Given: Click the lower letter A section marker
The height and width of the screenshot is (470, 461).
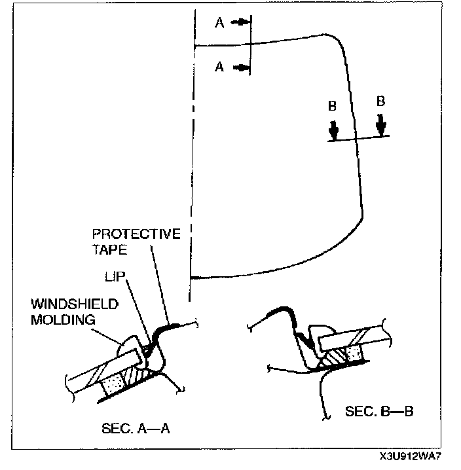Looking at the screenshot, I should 219,67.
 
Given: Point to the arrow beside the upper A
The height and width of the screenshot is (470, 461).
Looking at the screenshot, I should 240,22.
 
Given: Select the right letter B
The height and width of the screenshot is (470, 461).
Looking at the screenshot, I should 380,101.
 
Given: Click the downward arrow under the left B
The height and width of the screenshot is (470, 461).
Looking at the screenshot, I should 334,129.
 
